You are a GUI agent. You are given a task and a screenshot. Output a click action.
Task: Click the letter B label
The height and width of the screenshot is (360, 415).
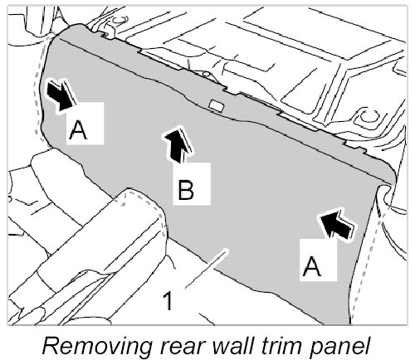click(186, 190)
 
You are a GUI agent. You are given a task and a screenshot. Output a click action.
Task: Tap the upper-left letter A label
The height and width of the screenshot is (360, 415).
click(78, 130)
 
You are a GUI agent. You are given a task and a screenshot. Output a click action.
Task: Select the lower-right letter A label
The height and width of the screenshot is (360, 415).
click(311, 266)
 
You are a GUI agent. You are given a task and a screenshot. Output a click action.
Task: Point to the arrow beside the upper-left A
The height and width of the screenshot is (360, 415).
click(61, 96)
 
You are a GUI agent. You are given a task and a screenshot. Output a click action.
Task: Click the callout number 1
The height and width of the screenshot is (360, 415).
click(168, 301)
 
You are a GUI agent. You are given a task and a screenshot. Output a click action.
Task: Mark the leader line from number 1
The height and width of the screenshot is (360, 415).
click(207, 269)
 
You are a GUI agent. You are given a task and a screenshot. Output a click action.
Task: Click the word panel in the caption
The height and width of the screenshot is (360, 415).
click(339, 346)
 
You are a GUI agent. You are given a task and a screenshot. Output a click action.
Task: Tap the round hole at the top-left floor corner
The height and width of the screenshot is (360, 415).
click(120, 20)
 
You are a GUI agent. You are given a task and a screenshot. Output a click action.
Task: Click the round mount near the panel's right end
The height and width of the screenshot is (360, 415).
click(367, 117)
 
